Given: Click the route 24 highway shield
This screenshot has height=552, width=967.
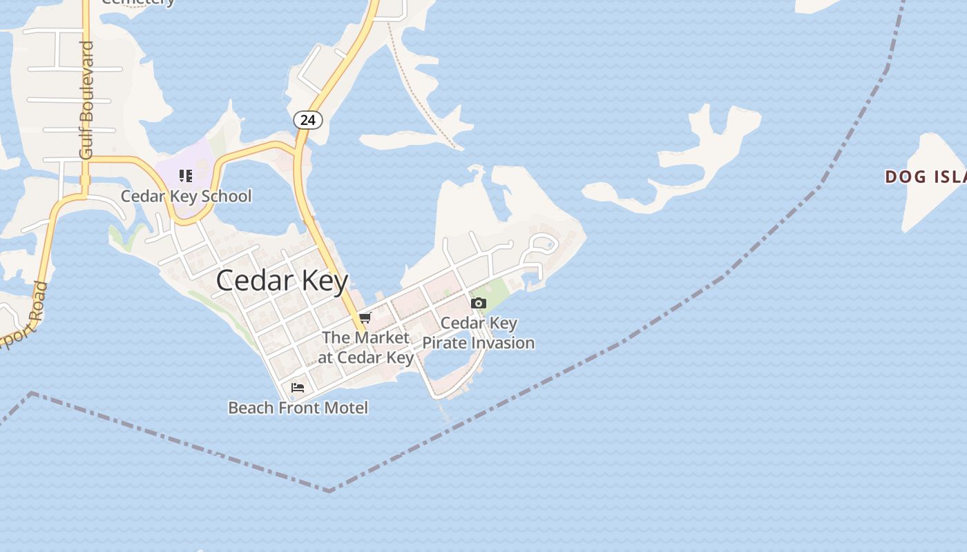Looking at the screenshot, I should tap(307, 120).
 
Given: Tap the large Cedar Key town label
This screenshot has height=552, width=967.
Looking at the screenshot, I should tap(282, 280).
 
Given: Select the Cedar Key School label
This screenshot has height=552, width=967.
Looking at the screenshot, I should tap(186, 196).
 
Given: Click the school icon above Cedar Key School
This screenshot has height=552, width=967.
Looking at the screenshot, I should tap(185, 176).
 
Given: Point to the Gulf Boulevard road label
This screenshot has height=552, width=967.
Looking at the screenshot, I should tap(86, 100).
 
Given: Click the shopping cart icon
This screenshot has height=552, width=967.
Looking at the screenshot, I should tap(365, 317).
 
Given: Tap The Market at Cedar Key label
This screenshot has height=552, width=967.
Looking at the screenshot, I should tap(365, 347).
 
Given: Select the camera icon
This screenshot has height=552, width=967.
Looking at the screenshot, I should tap(478, 303).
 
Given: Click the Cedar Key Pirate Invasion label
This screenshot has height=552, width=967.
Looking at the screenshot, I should tap(479, 333).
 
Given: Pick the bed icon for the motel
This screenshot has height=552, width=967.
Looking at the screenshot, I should tap(298, 388).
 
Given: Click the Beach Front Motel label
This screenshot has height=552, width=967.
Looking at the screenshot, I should tap(298, 408).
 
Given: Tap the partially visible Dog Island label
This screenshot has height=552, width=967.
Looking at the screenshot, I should tap(926, 177).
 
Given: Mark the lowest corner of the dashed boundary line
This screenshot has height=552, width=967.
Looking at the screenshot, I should tap(330, 491).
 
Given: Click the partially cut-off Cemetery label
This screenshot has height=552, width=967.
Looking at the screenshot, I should tap(138, 2).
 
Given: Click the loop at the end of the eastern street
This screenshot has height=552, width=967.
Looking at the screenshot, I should tap(543, 244).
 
